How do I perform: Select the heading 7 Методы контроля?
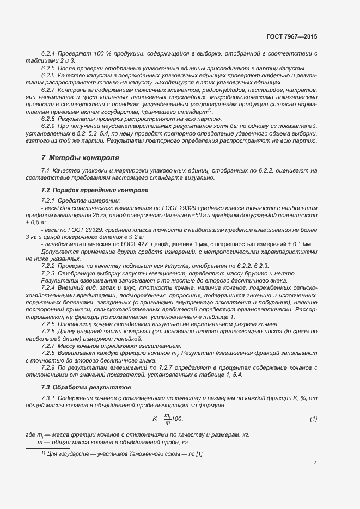tap(80, 158)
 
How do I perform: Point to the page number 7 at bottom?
tap(315, 462)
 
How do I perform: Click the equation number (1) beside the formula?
tap(313, 419)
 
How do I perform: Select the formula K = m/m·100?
tap(167, 419)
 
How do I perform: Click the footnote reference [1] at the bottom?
tap(199, 453)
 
